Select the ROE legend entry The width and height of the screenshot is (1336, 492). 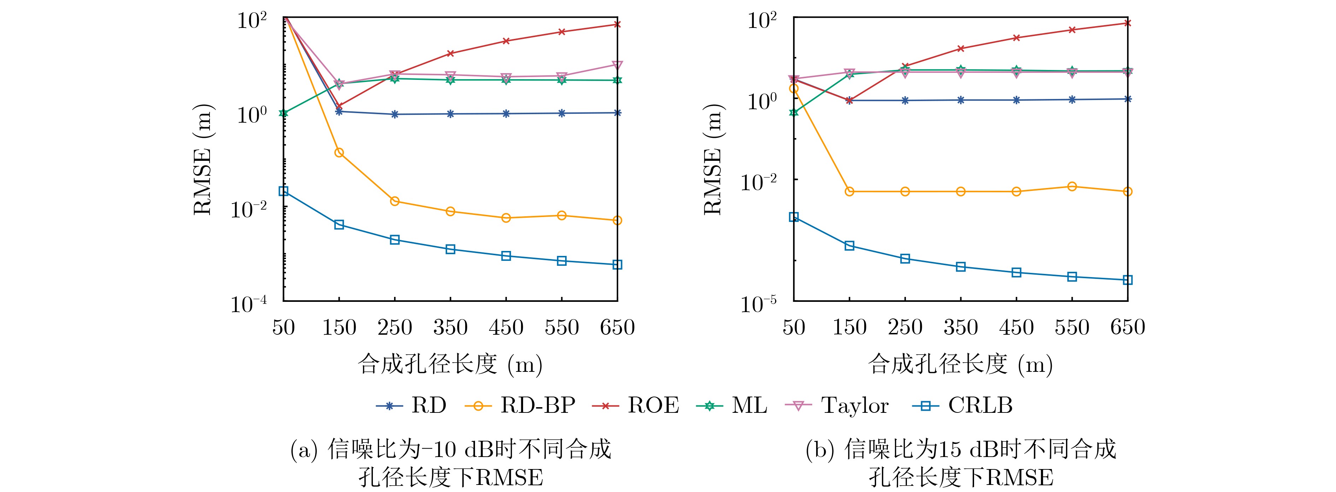tap(636, 405)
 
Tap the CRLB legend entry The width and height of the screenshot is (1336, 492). tap(962, 405)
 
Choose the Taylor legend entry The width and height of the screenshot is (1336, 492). tap(838, 405)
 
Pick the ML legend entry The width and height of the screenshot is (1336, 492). tap(732, 405)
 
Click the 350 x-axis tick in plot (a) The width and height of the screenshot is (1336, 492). tap(450, 328)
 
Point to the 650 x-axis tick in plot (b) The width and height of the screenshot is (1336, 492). tap(1127, 328)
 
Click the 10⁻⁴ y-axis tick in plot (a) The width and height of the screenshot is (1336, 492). tap(249, 303)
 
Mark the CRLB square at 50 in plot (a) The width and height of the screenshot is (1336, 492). tap(283, 191)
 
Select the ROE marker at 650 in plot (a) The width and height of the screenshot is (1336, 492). tap(617, 24)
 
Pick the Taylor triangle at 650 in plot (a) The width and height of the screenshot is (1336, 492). tap(617, 65)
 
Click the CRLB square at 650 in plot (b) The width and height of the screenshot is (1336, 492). tap(1127, 280)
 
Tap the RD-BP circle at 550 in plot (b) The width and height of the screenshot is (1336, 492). tap(1072, 187)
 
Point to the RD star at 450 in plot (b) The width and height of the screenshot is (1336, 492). tap(1016, 100)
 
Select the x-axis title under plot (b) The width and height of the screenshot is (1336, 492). tap(960, 364)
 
